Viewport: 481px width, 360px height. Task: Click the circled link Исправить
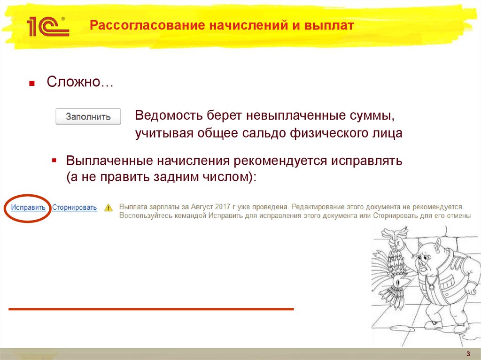point(29,207)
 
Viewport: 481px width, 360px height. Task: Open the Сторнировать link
point(75,207)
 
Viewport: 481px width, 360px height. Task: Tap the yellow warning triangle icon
point(109,207)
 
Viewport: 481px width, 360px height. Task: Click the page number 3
point(468,353)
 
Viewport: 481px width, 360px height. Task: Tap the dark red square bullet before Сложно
point(32,84)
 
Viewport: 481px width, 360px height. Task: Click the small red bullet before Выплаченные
point(54,161)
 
